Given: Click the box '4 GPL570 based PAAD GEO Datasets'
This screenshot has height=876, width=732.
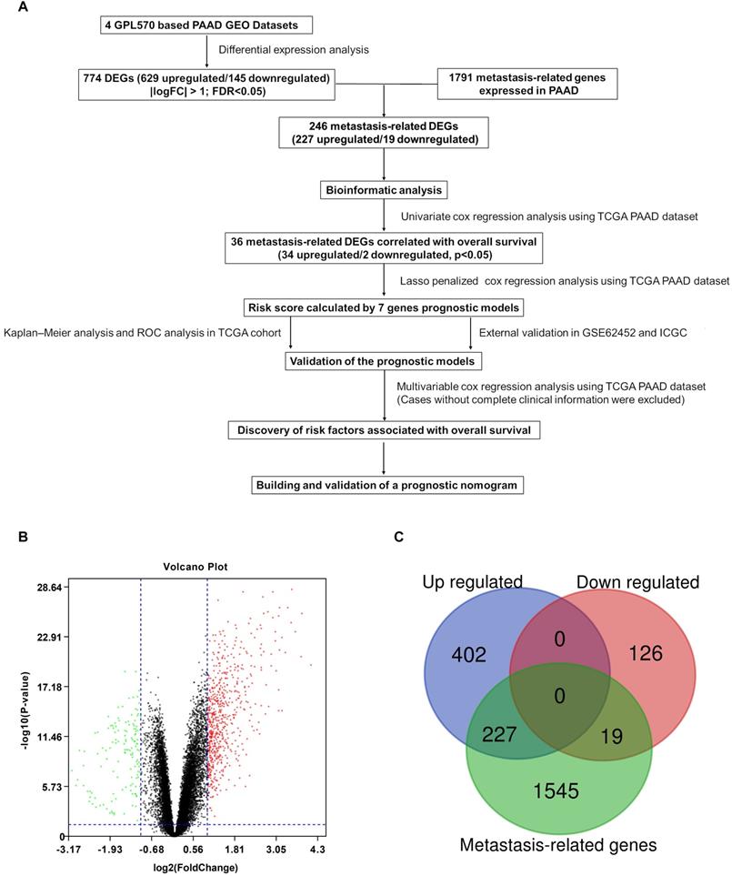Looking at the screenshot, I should pyautogui.click(x=206, y=22).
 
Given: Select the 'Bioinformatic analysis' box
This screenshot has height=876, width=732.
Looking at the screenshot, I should pyautogui.click(x=384, y=191).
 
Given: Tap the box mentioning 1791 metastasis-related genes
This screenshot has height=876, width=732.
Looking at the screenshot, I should pyautogui.click(x=528, y=85).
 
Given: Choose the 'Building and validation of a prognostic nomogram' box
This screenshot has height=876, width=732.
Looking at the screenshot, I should pyautogui.click(x=386, y=485).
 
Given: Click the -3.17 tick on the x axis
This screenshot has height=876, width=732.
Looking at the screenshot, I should pyautogui.click(x=69, y=849).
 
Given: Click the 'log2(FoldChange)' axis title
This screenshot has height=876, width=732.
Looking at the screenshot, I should pyautogui.click(x=196, y=867).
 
